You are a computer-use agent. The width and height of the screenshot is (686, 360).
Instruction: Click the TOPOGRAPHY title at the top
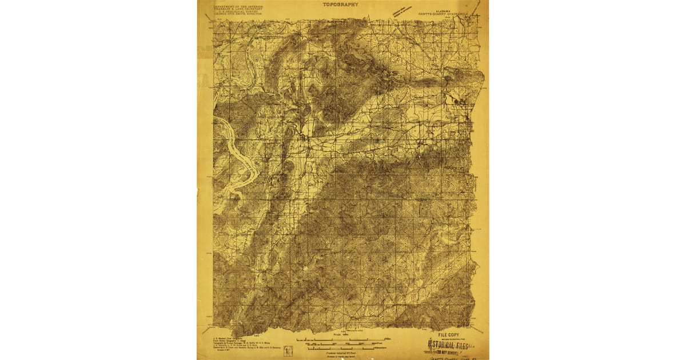pyautogui.click(x=341, y=4)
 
